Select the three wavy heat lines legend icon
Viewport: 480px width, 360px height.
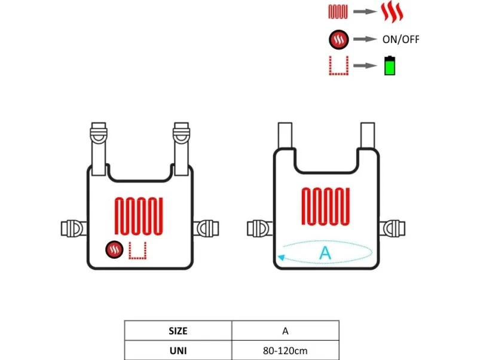[392, 12]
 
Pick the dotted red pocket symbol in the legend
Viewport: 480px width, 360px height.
[337, 65]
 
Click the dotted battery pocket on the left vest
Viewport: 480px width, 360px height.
[137, 251]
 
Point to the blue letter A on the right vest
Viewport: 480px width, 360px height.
[325, 253]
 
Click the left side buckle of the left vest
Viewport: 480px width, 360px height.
[73, 228]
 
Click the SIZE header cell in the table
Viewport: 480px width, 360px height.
[178, 331]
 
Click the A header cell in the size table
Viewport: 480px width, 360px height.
[285, 331]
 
